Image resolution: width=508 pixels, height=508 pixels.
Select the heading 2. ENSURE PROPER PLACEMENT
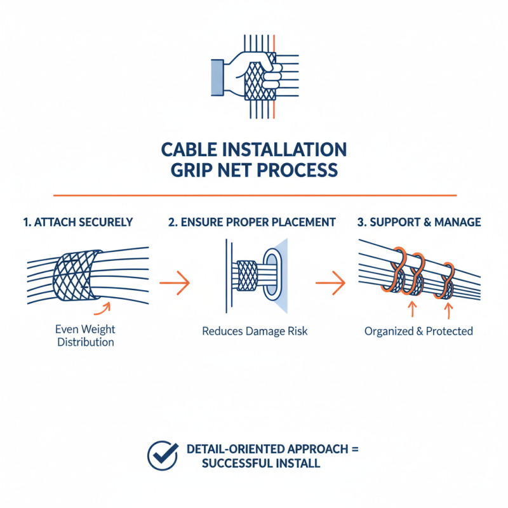[x=251, y=222]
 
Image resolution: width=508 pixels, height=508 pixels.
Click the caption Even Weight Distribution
[x=85, y=336]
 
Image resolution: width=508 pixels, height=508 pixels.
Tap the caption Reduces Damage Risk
[x=255, y=331]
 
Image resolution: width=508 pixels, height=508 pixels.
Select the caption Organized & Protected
[x=418, y=331]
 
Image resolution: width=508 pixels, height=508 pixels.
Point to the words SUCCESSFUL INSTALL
[x=260, y=464]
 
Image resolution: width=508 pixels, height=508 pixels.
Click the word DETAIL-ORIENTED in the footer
[x=236, y=449]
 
